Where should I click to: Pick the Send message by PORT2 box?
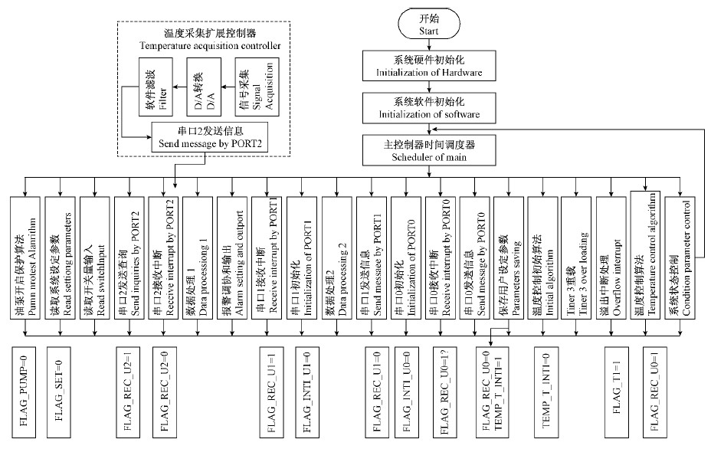210,136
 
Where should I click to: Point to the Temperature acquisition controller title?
210,40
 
